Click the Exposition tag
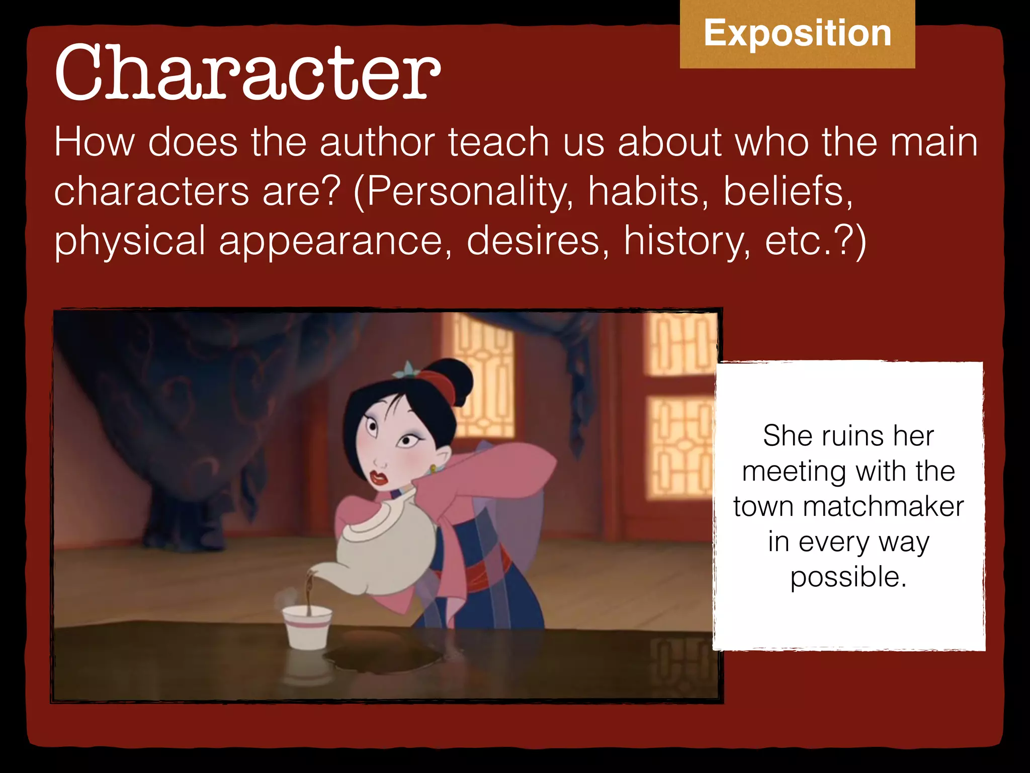pyautogui.click(x=797, y=33)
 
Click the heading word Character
pyautogui.click(x=247, y=73)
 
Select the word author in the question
pyautogui.click(x=377, y=142)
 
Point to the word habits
pyautogui.click(x=648, y=192)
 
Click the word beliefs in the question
pyautogui.click(x=788, y=192)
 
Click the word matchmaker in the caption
pyautogui.click(x=883, y=506)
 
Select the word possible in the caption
pyautogui.click(x=848, y=577)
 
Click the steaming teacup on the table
pyautogui.click(x=306, y=627)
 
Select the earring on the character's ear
pyautogui.click(x=433, y=470)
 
